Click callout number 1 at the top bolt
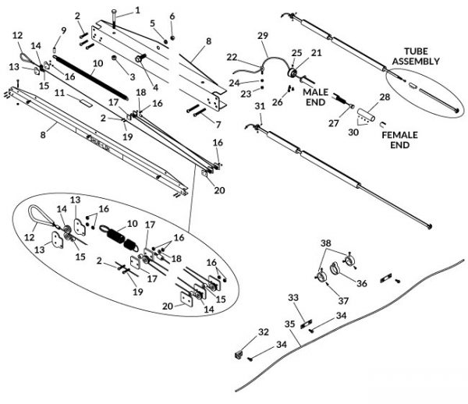pyautogui.click(x=138, y=10)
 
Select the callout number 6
pyautogui.click(x=172, y=16)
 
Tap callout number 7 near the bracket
pyautogui.click(x=218, y=124)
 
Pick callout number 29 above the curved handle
pyautogui.click(x=262, y=36)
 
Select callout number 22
pyautogui.click(x=232, y=56)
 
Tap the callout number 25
pyautogui.click(x=296, y=52)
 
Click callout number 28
pyautogui.click(x=384, y=96)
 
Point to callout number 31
pyautogui.click(x=260, y=106)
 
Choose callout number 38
pyautogui.click(x=325, y=243)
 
